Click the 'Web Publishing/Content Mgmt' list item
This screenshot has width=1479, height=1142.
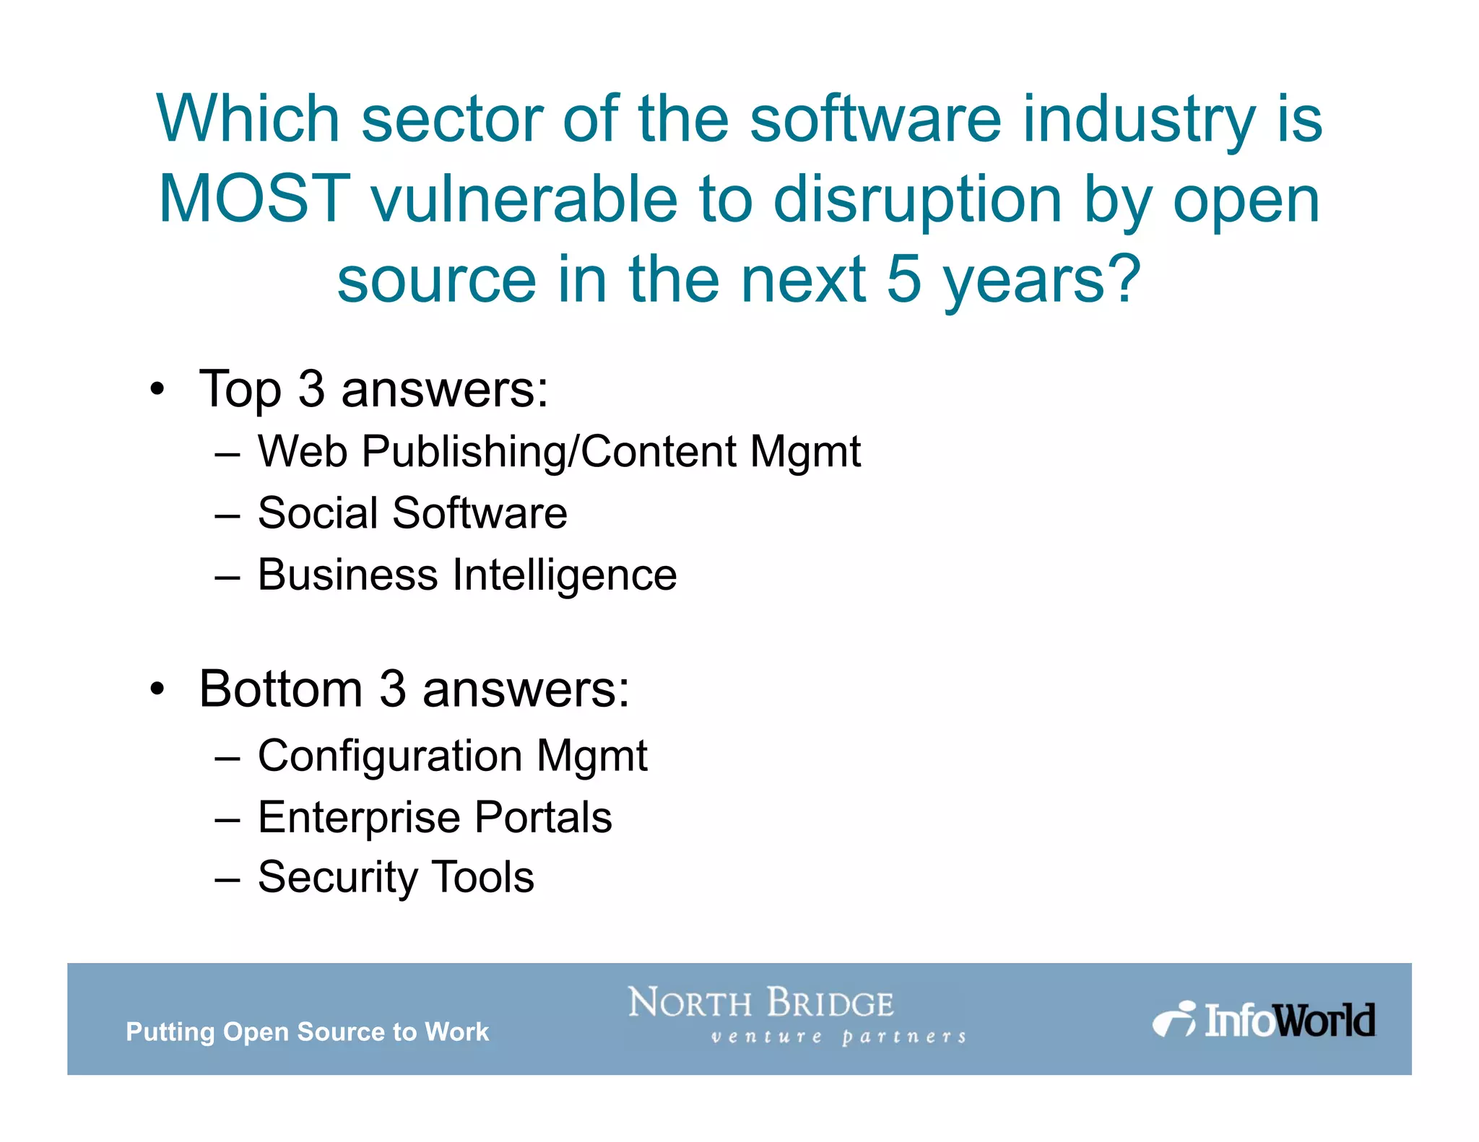(x=559, y=452)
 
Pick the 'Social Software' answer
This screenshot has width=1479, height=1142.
(x=412, y=513)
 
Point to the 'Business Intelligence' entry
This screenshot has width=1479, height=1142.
(x=467, y=575)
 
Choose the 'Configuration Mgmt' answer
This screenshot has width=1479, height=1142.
(x=452, y=756)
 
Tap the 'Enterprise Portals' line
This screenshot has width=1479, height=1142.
(x=435, y=817)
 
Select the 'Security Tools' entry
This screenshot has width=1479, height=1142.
(x=396, y=877)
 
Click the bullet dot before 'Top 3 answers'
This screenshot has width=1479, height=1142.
(x=157, y=391)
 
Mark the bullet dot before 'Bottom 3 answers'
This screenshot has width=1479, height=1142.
(x=157, y=689)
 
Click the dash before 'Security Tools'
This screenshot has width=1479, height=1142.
(x=227, y=880)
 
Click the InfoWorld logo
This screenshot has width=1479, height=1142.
(x=1264, y=1019)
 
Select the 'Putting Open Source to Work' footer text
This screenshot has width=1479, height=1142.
(x=308, y=1032)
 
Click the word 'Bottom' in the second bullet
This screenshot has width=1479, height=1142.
(x=281, y=689)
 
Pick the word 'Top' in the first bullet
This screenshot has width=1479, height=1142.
(x=240, y=391)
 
